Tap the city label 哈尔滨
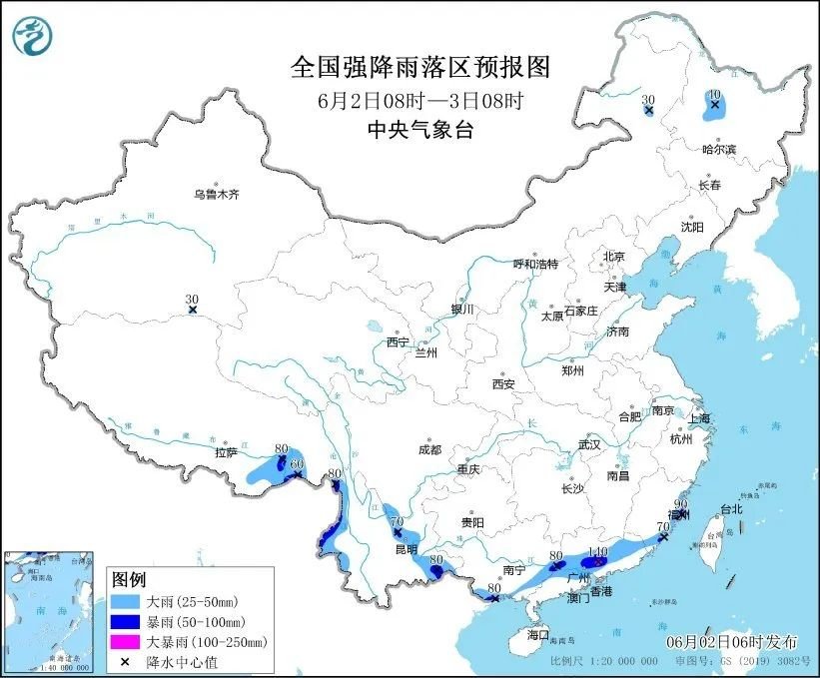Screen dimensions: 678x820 click(718, 149)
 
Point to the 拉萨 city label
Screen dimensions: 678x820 click(226, 451)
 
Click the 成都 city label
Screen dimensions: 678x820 click(430, 448)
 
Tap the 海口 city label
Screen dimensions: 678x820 click(539, 635)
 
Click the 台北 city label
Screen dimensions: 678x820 click(731, 508)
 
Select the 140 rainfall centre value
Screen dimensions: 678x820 click(598, 551)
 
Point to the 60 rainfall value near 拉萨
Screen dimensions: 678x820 click(296, 463)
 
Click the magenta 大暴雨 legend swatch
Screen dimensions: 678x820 click(126, 642)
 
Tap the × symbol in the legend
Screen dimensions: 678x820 click(126, 661)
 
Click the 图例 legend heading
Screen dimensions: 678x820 click(129, 580)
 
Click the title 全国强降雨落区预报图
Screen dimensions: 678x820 click(419, 67)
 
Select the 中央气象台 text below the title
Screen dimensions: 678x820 click(419, 128)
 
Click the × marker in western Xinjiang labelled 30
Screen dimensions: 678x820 click(192, 311)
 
